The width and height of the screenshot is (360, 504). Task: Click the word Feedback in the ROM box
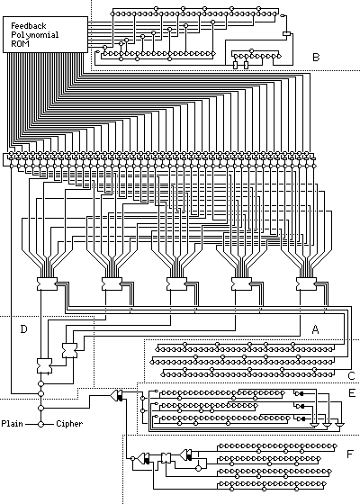[29, 26]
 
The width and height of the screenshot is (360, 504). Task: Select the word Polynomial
[35, 35]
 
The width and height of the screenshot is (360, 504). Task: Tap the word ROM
[20, 43]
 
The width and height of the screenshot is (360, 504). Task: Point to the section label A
[315, 329]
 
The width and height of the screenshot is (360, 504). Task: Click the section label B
[316, 58]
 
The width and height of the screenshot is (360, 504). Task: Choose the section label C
[351, 376]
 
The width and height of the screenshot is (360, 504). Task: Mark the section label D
[23, 329]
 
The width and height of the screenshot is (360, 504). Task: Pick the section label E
[352, 393]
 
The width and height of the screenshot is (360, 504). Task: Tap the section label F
[350, 454]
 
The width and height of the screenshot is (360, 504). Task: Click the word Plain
[13, 424]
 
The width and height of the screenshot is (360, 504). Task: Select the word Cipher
[69, 424]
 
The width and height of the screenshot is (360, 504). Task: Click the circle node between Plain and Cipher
[40, 424]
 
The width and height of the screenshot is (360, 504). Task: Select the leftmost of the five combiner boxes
[47, 283]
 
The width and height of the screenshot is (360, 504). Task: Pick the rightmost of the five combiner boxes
[306, 283]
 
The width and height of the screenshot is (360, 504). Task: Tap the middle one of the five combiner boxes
[176, 283]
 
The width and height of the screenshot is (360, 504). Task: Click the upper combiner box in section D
[69, 350]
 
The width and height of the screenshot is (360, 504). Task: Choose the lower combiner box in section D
[44, 365]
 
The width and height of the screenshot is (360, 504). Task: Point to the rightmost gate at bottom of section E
[338, 425]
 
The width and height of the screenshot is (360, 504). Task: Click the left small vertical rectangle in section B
[235, 65]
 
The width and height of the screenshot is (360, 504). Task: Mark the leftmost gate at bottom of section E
[315, 425]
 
